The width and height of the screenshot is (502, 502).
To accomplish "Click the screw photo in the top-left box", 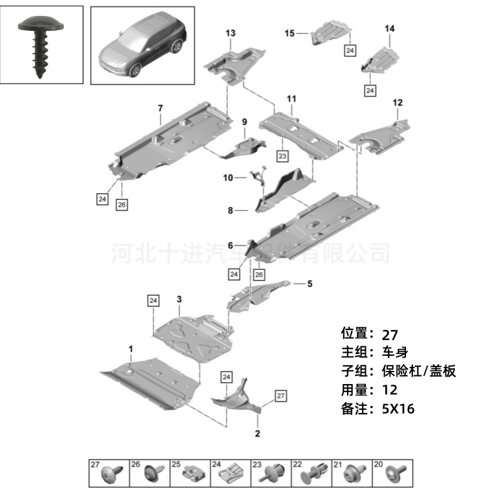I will point(41,47).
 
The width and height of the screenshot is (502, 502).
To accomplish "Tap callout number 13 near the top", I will point(230,33).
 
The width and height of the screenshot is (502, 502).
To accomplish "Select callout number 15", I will point(289,33).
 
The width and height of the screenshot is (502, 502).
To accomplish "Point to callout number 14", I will point(390,29).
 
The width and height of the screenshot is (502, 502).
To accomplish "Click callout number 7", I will point(160,109).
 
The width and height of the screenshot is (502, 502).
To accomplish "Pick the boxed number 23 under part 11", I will point(282,155).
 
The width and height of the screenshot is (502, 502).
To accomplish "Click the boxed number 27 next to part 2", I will point(280,396).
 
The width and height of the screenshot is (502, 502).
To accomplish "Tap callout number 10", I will point(228,178).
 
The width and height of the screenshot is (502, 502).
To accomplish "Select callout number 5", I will point(309,284).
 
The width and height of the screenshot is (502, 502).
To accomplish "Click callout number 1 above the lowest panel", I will point(131,348).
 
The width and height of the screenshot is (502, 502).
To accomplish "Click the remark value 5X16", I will point(398,409).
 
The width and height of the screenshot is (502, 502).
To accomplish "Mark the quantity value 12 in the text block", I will point(389,390).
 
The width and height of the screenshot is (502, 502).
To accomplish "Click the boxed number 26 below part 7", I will point(122,205).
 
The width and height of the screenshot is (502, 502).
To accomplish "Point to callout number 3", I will point(179,300).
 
